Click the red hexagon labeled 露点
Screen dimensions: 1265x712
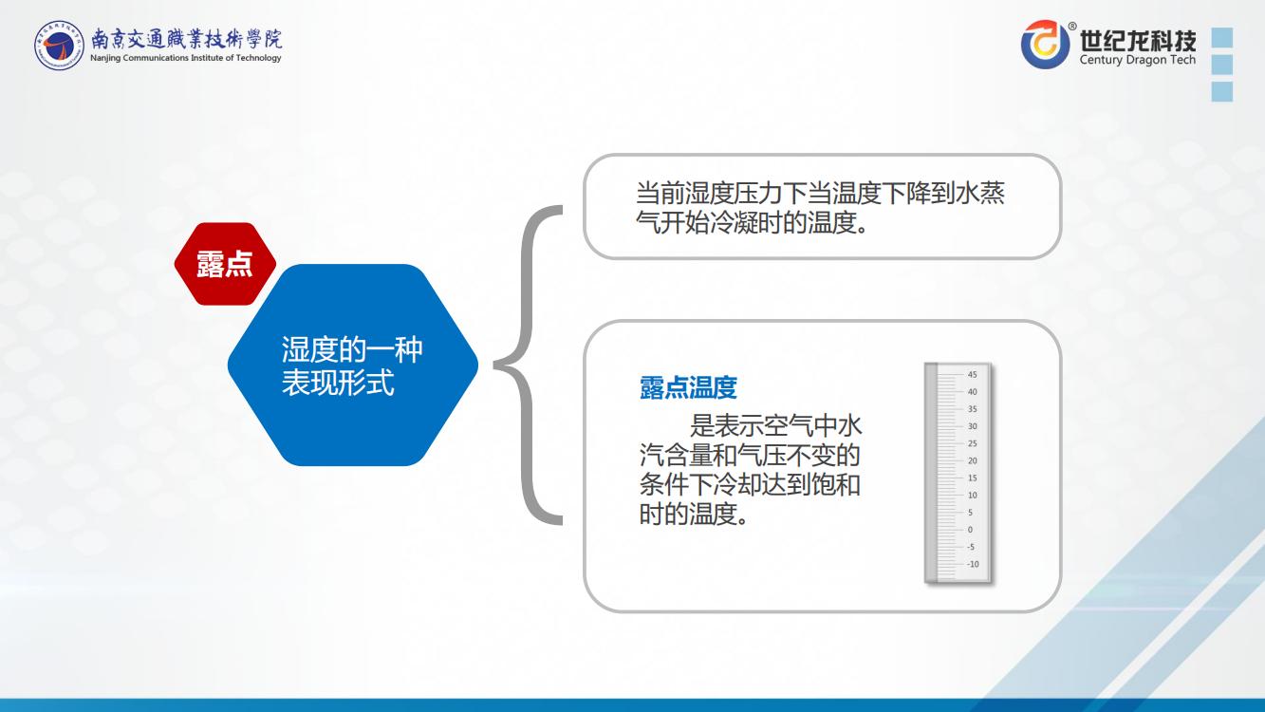(x=225, y=264)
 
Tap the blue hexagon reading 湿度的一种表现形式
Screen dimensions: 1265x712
(x=353, y=365)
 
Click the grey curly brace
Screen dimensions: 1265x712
(x=528, y=365)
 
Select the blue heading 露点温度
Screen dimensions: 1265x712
(x=688, y=387)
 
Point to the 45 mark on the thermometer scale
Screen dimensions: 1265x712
(x=972, y=374)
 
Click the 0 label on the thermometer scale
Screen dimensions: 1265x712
(x=970, y=530)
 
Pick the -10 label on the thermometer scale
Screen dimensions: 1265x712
(x=973, y=564)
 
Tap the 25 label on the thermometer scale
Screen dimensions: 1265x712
(x=972, y=443)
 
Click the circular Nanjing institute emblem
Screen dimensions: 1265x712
(x=59, y=46)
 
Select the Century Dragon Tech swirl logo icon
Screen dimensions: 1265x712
(x=1045, y=44)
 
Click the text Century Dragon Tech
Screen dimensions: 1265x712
(x=1138, y=60)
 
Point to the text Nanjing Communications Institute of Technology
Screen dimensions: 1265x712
(x=186, y=58)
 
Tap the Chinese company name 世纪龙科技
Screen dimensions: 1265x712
(x=1138, y=40)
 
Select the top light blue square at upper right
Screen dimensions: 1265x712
(x=1222, y=37)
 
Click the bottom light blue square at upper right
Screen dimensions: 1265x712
(x=1222, y=91)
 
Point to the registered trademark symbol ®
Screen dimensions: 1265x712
(x=1071, y=26)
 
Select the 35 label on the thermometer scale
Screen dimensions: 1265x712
(x=972, y=408)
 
